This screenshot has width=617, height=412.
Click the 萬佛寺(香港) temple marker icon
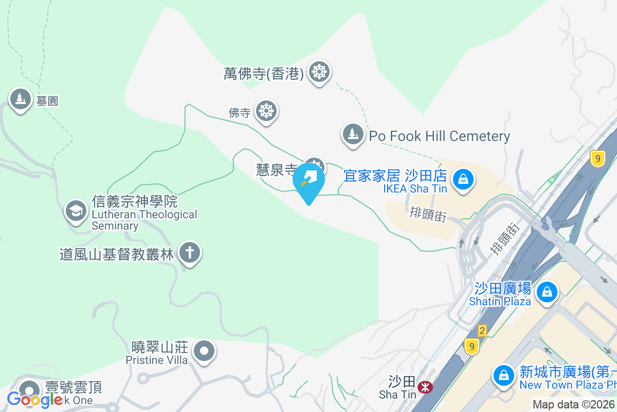coord(319,73)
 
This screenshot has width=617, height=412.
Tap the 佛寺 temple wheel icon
coord(266,111)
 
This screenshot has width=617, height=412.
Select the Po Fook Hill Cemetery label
coord(440,136)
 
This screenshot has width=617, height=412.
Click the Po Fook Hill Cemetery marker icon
coord(353,134)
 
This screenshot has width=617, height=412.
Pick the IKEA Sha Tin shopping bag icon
coord(463,180)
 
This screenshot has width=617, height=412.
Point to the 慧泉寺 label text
coord(277,169)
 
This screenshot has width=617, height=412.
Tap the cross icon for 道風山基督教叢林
coord(190,253)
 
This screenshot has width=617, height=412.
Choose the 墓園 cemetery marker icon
coord(20,99)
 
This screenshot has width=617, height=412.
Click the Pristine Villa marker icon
coord(204,352)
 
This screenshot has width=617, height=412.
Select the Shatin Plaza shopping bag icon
coord(547,292)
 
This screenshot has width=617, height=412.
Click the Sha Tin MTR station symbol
coord(425,387)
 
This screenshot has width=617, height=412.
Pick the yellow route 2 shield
coord(482,330)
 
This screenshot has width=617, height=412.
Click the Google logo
coord(34,399)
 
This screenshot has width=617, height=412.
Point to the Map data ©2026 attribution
coord(573,405)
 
